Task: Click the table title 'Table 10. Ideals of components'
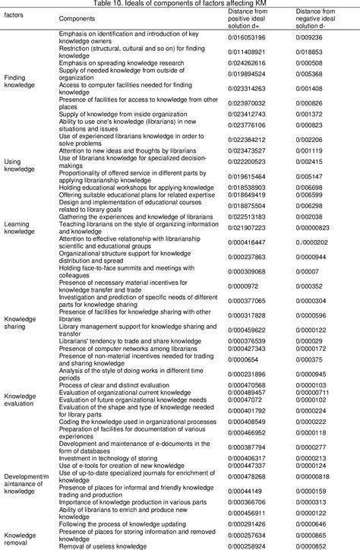179,4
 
